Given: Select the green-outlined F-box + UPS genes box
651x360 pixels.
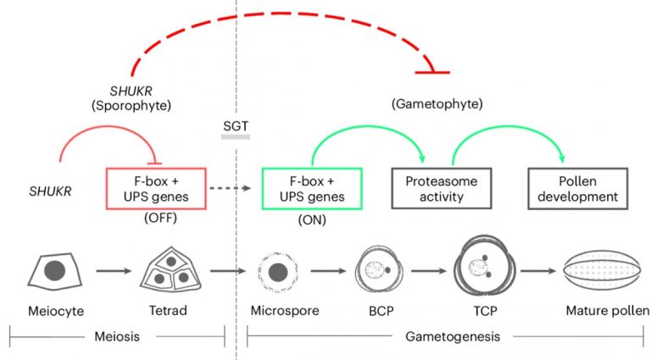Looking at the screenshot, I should pos(312,189).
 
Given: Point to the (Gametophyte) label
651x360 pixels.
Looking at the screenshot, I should pos(437,104).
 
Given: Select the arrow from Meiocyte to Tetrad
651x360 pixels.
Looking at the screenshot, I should pos(111,272).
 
